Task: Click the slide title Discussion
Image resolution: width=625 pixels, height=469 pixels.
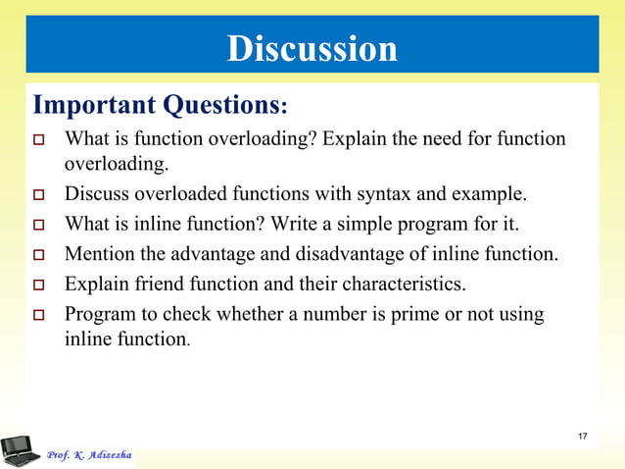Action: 312,48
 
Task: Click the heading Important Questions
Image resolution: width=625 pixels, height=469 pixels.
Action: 161,104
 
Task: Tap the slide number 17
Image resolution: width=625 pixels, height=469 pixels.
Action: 583,436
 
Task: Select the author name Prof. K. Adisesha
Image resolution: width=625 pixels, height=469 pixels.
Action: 88,455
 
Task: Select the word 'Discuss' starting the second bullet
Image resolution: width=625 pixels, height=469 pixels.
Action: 95,190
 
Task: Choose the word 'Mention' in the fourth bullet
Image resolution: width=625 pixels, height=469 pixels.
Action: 99,255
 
